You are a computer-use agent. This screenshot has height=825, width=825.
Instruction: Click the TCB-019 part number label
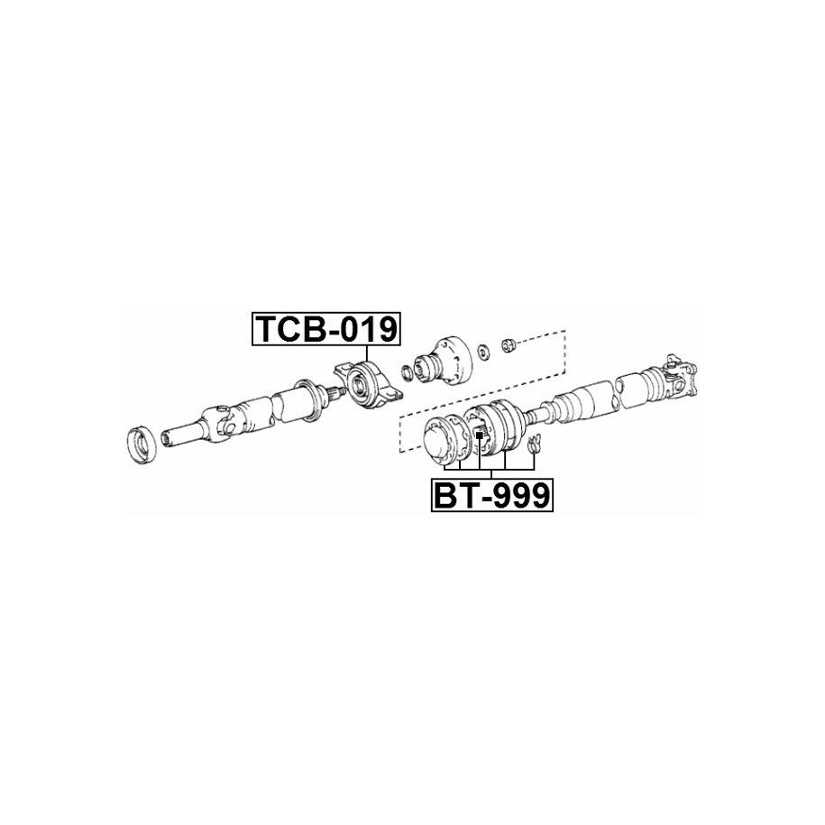pyautogui.click(x=326, y=329)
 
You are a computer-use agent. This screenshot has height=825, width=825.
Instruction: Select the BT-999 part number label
pyautogui.click(x=492, y=495)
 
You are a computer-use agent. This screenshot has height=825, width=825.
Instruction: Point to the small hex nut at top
pyautogui.click(x=509, y=345)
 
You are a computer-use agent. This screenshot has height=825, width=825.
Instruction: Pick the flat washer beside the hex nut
pyautogui.click(x=483, y=353)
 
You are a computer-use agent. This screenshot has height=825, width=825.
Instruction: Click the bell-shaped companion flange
pyautogui.click(x=442, y=368)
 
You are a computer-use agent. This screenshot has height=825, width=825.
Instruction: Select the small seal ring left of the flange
pyautogui.click(x=408, y=372)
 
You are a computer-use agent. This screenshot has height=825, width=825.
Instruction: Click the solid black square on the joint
pyautogui.click(x=479, y=435)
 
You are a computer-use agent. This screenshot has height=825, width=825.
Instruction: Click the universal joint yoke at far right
pyautogui.click(x=680, y=375)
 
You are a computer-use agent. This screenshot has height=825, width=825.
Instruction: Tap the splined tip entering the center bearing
pyautogui.click(x=335, y=392)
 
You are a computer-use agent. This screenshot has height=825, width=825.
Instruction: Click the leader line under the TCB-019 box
pyautogui.click(x=366, y=353)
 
